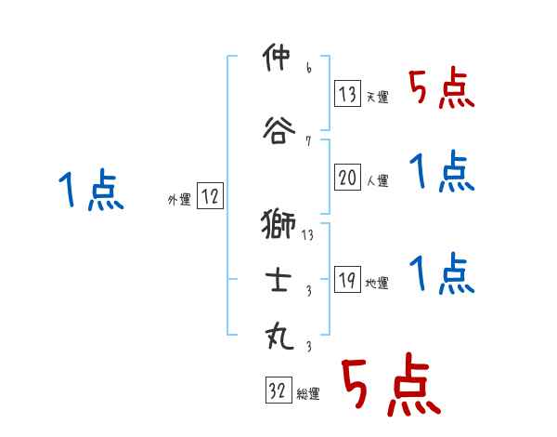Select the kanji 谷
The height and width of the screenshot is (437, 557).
279,128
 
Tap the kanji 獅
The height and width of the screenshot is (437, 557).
279,224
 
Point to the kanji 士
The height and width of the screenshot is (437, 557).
279,281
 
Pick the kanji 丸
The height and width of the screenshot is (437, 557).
279,336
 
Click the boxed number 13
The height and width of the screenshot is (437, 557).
349,94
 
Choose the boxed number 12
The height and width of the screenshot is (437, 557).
210,197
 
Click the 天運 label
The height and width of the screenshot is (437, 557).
378,97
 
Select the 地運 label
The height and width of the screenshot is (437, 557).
378,284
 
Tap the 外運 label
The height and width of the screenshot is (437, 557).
179,199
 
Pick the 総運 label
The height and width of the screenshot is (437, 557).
308,394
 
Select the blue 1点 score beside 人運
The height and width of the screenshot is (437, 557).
442,172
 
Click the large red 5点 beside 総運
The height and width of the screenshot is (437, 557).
389,386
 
